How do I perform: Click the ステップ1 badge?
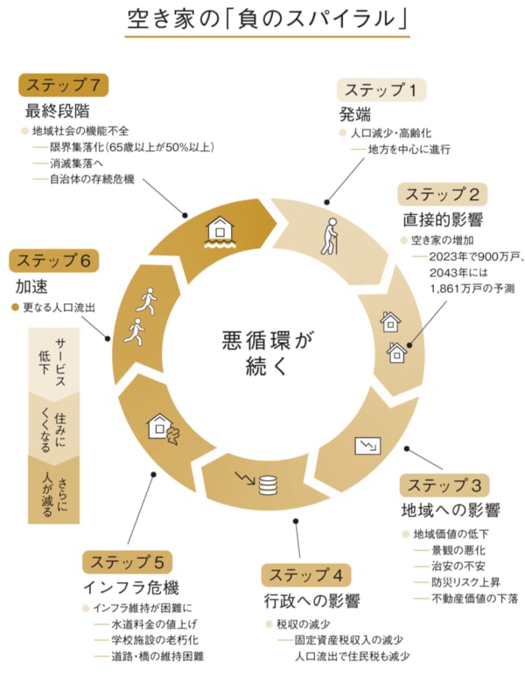(381, 90)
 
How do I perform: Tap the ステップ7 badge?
(63, 85)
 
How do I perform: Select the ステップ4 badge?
(306, 575)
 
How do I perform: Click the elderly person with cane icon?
(330, 236)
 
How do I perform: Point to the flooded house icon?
(220, 233)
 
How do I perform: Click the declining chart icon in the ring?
(367, 446)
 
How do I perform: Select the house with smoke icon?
(163, 429)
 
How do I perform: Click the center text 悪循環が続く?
(268, 353)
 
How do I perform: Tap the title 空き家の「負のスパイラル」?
(268, 19)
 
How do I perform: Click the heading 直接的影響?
(443, 219)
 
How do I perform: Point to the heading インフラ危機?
(131, 588)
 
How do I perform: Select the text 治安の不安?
(458, 566)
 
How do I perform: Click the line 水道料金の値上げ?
(154, 624)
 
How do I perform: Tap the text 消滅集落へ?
(76, 163)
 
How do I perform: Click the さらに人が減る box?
(53, 492)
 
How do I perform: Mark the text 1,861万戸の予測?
(472, 289)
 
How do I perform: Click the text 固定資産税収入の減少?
(349, 640)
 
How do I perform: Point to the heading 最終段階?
(57, 111)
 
